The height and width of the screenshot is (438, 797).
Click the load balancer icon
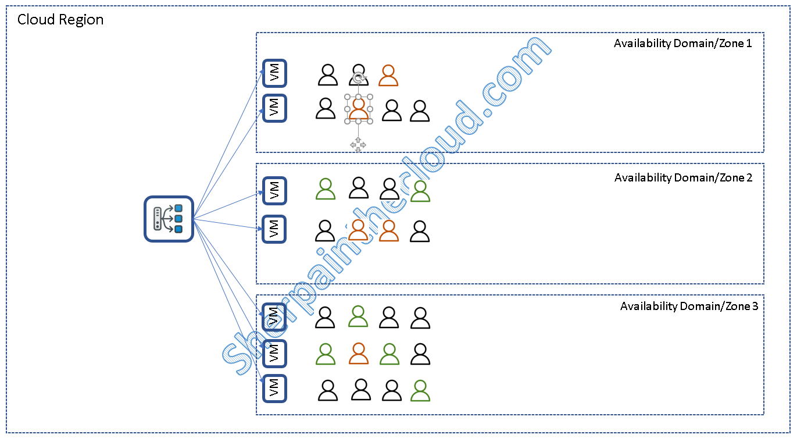point(169,219)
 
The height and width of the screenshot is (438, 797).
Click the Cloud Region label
point(60,20)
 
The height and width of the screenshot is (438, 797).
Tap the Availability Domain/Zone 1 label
point(683,44)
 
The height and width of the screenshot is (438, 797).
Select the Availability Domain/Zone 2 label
point(683,178)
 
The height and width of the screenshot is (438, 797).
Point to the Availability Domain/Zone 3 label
point(689,307)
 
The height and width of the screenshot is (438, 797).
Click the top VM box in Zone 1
point(274,74)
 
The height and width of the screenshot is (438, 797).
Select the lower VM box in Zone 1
point(274,108)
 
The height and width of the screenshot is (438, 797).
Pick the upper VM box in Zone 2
point(274,191)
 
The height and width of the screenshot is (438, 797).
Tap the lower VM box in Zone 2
point(274,229)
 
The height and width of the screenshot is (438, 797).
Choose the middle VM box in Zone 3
point(274,353)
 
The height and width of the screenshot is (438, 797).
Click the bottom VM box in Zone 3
point(274,388)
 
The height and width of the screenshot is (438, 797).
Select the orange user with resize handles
point(359,109)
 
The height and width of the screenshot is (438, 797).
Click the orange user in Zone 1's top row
point(388,76)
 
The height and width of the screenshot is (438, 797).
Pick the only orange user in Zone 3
point(359,354)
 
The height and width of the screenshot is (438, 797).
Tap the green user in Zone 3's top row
point(358,316)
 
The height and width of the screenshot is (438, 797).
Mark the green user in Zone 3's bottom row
point(420,390)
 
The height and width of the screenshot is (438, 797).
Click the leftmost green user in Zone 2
point(326,188)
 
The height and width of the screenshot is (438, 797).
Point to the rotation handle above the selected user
point(359,78)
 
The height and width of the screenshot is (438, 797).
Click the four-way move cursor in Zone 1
point(358,144)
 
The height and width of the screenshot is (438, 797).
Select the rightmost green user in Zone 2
point(420,191)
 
